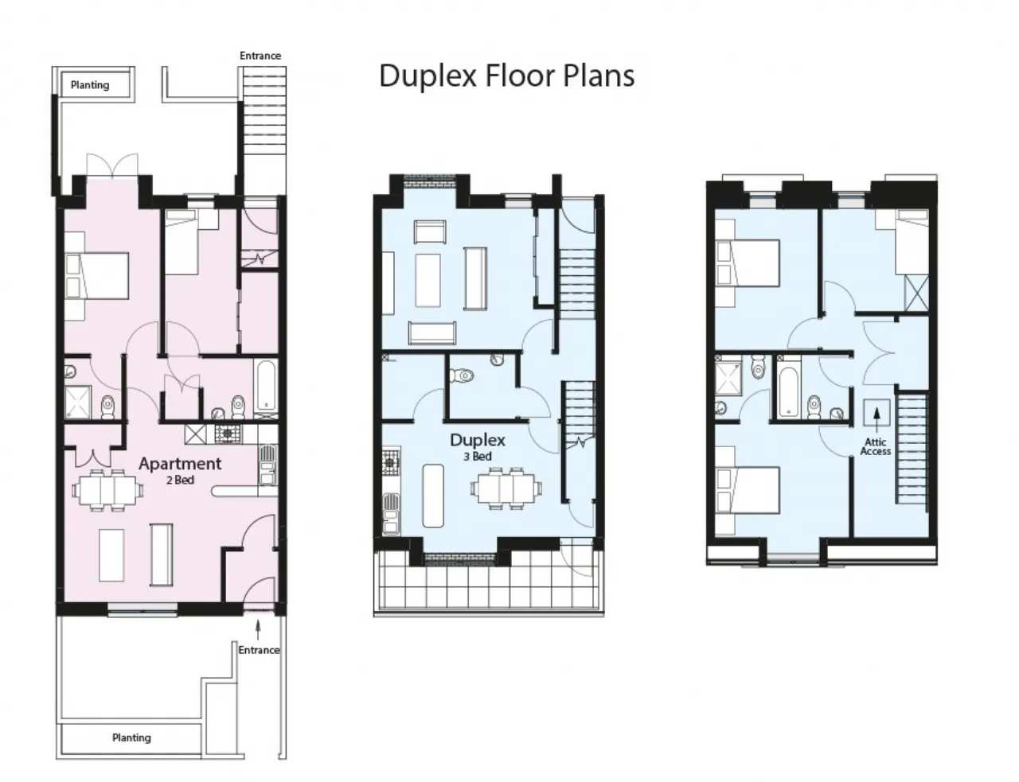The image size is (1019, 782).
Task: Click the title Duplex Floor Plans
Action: [506, 76]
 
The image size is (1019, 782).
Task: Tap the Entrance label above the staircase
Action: [260, 56]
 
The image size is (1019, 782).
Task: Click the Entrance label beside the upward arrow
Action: [259, 650]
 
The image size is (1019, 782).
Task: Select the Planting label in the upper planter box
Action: [90, 85]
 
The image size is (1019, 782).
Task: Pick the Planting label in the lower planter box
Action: [131, 737]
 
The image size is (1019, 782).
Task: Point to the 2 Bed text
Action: [180, 480]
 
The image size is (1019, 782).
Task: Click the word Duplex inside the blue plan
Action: [478, 441]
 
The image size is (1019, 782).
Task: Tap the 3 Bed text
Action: [478, 457]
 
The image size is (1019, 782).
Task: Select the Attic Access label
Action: [876, 446]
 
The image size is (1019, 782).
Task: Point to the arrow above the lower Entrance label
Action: [258, 628]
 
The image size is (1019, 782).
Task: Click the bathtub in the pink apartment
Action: [266, 387]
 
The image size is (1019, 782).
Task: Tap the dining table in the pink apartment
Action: [107, 490]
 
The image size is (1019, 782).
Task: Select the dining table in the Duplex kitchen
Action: [506, 488]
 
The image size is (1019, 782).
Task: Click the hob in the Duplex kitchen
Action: [391, 461]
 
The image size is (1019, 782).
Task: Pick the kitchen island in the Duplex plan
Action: [433, 496]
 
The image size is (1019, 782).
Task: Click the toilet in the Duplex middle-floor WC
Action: [462, 375]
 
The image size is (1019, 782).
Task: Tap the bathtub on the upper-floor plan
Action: [788, 391]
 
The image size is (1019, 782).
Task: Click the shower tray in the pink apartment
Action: [78, 403]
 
